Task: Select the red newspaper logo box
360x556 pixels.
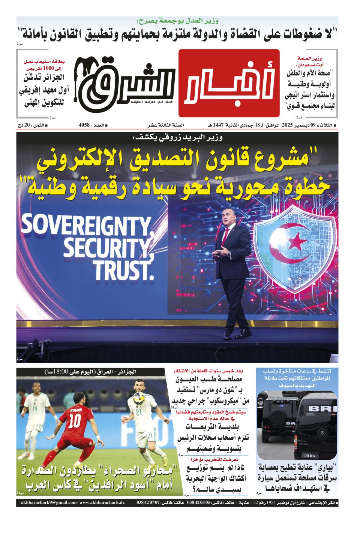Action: point(229,83)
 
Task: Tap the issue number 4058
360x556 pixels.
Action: point(84,125)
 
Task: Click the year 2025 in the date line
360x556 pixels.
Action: point(287,125)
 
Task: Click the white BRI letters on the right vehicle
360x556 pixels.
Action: point(322,408)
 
